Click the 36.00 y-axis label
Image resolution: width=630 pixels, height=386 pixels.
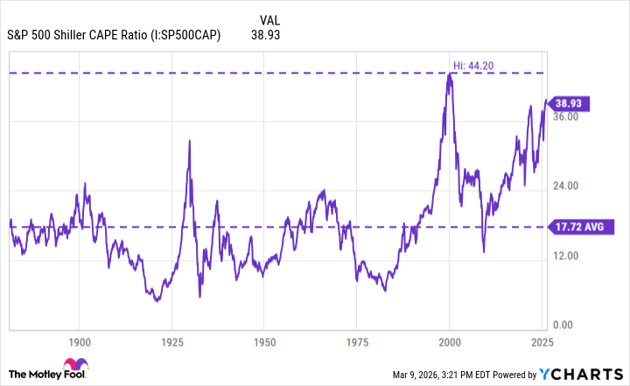click(568, 116)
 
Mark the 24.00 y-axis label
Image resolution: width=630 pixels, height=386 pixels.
click(568, 186)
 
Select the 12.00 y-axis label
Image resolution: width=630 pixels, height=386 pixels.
click(568, 256)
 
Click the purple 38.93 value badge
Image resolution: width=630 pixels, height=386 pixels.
click(574, 103)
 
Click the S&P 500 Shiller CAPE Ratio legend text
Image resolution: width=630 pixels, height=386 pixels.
click(114, 36)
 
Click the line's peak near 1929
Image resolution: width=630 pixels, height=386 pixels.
click(189, 140)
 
